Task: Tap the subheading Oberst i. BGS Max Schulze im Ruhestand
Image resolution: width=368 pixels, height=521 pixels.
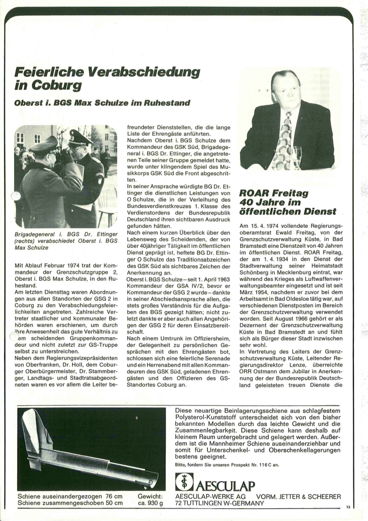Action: tap(103, 102)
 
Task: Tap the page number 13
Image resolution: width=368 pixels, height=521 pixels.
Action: tap(348, 507)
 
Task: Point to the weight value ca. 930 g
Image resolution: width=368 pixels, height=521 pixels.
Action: tap(150, 503)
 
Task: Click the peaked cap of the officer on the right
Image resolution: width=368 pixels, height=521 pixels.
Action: tap(80, 137)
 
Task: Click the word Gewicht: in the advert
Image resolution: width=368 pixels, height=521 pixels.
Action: tap(150, 496)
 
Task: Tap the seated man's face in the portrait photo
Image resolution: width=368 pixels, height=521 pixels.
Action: tap(285, 90)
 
